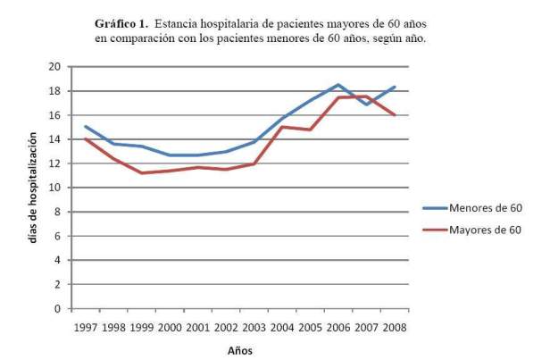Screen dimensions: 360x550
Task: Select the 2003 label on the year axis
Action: point(254,326)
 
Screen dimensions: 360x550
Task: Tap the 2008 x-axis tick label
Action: point(394,326)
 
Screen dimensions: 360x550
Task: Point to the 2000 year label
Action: point(171,326)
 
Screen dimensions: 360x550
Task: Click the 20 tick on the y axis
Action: point(55,67)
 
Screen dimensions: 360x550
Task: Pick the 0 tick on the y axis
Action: point(58,309)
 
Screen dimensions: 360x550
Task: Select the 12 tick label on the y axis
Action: point(55,163)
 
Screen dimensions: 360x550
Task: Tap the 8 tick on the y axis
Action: point(58,212)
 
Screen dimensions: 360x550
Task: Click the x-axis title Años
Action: point(240,350)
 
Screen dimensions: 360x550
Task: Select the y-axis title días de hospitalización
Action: point(33,188)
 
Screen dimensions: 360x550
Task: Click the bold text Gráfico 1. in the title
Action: point(123,21)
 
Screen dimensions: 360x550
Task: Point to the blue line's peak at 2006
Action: point(338,85)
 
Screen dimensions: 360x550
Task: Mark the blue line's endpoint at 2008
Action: point(394,88)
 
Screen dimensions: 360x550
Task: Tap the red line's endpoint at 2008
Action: point(394,115)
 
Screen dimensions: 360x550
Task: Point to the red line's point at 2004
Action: point(282,127)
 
